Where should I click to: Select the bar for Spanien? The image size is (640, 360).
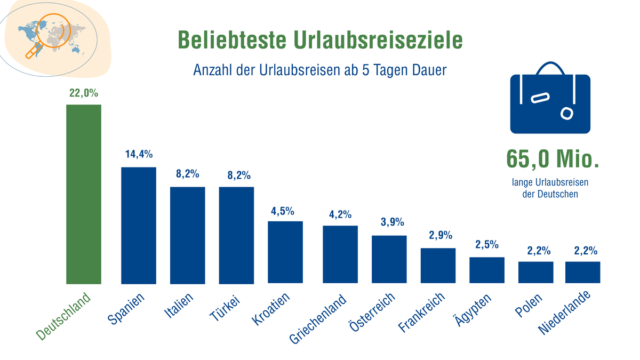[x=139, y=225]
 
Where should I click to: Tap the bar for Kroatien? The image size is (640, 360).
[x=285, y=252]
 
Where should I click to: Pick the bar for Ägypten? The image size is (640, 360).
[x=487, y=270]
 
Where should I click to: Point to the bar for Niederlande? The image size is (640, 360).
[x=582, y=272]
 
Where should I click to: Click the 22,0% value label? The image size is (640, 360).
[x=84, y=93]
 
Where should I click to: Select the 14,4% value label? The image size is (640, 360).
[x=139, y=155]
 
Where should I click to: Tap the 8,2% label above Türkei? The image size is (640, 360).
[x=236, y=175]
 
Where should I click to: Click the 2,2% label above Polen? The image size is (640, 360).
[x=535, y=251]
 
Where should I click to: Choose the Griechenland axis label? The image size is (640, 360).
[x=318, y=319]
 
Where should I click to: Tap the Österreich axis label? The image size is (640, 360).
[x=372, y=315]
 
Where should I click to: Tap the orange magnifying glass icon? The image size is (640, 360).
[x=53, y=34]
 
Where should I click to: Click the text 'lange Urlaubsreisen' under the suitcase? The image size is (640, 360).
[x=550, y=183]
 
